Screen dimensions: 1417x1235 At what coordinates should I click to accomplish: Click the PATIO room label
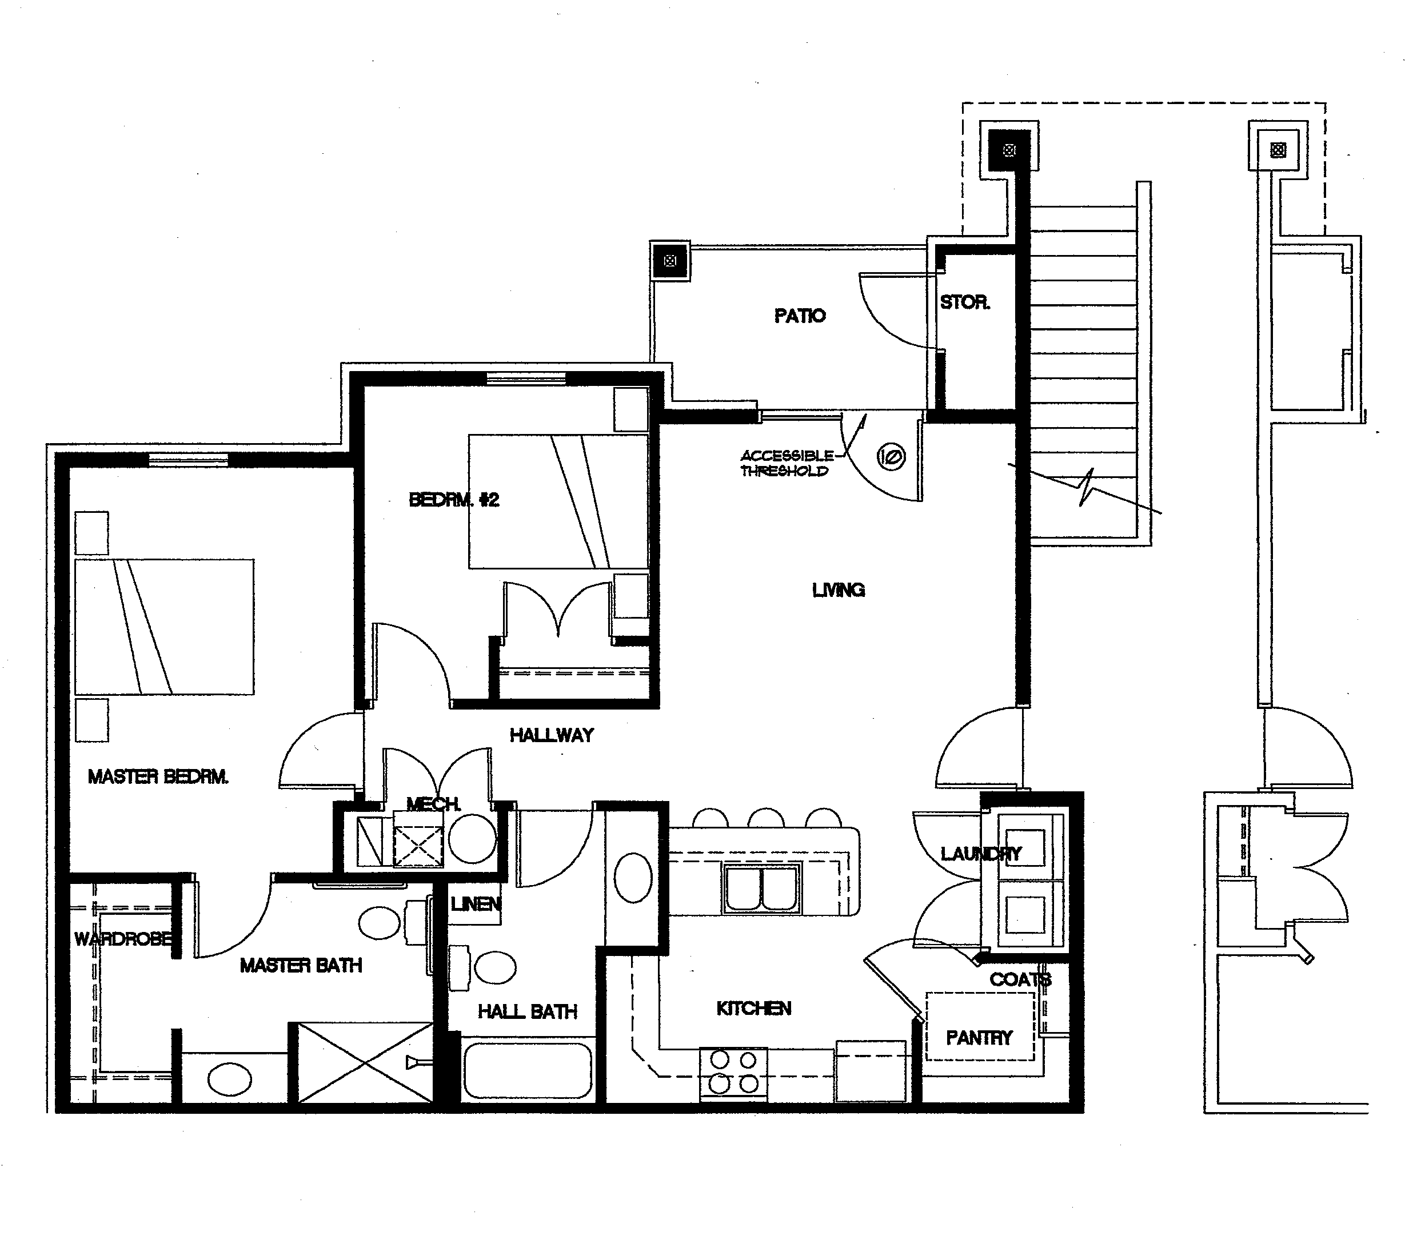[799, 316]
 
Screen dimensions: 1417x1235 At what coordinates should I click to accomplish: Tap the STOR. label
[964, 302]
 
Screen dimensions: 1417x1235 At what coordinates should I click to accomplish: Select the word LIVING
[839, 590]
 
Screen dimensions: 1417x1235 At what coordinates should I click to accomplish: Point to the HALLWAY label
[551, 735]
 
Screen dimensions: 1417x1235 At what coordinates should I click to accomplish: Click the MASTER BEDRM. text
[158, 776]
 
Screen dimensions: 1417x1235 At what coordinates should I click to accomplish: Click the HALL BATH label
[527, 1011]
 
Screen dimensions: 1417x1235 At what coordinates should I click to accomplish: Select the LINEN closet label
[476, 903]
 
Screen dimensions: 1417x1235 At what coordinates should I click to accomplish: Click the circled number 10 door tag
[891, 456]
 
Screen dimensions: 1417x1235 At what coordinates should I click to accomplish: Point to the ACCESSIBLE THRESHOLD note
[787, 463]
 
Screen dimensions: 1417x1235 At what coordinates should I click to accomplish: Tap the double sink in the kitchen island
[762, 889]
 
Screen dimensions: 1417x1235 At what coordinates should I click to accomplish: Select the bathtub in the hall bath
[528, 1070]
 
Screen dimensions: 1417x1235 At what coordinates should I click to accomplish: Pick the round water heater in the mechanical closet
[472, 838]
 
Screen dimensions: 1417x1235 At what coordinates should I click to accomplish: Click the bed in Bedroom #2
[558, 501]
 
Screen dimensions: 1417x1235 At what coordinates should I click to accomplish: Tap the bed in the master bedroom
[164, 627]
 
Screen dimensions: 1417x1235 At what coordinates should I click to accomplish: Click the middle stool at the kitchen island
[766, 818]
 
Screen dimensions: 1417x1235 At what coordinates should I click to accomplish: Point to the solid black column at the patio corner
[1009, 150]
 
